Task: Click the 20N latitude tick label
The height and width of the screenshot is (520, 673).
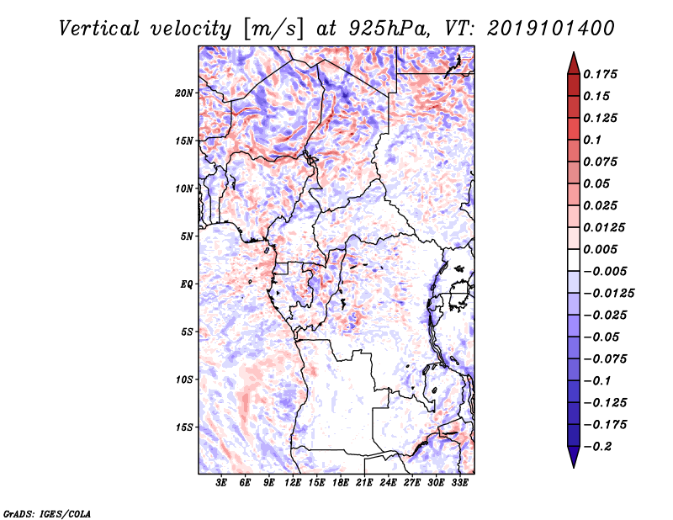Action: [184, 93]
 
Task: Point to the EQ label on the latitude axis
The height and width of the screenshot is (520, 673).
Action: [187, 284]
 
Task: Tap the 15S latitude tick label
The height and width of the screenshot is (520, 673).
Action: [184, 427]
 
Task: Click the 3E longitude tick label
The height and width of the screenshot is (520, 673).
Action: [221, 484]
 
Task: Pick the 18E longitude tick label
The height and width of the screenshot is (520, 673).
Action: [341, 484]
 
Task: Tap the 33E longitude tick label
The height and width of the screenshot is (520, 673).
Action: [460, 484]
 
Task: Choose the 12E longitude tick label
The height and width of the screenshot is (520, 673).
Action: [293, 484]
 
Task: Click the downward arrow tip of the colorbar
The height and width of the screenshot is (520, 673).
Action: [573, 465]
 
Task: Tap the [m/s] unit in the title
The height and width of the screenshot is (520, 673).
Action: [271, 29]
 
